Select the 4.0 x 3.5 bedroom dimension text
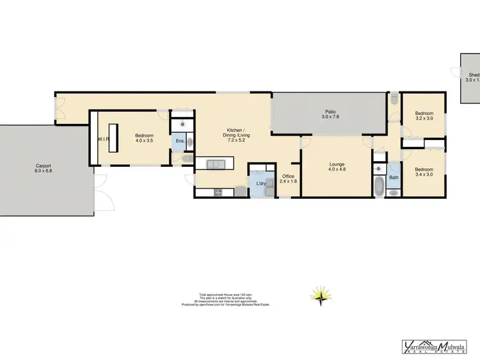pos(143,141)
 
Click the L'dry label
pos(261,184)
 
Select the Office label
pos(288,176)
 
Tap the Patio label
pos(330,112)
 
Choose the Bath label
pos(394,178)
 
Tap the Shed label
pos(474,75)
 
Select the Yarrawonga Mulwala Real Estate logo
pos(438,346)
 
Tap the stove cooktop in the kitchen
pos(218,191)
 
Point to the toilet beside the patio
pos(393,99)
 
